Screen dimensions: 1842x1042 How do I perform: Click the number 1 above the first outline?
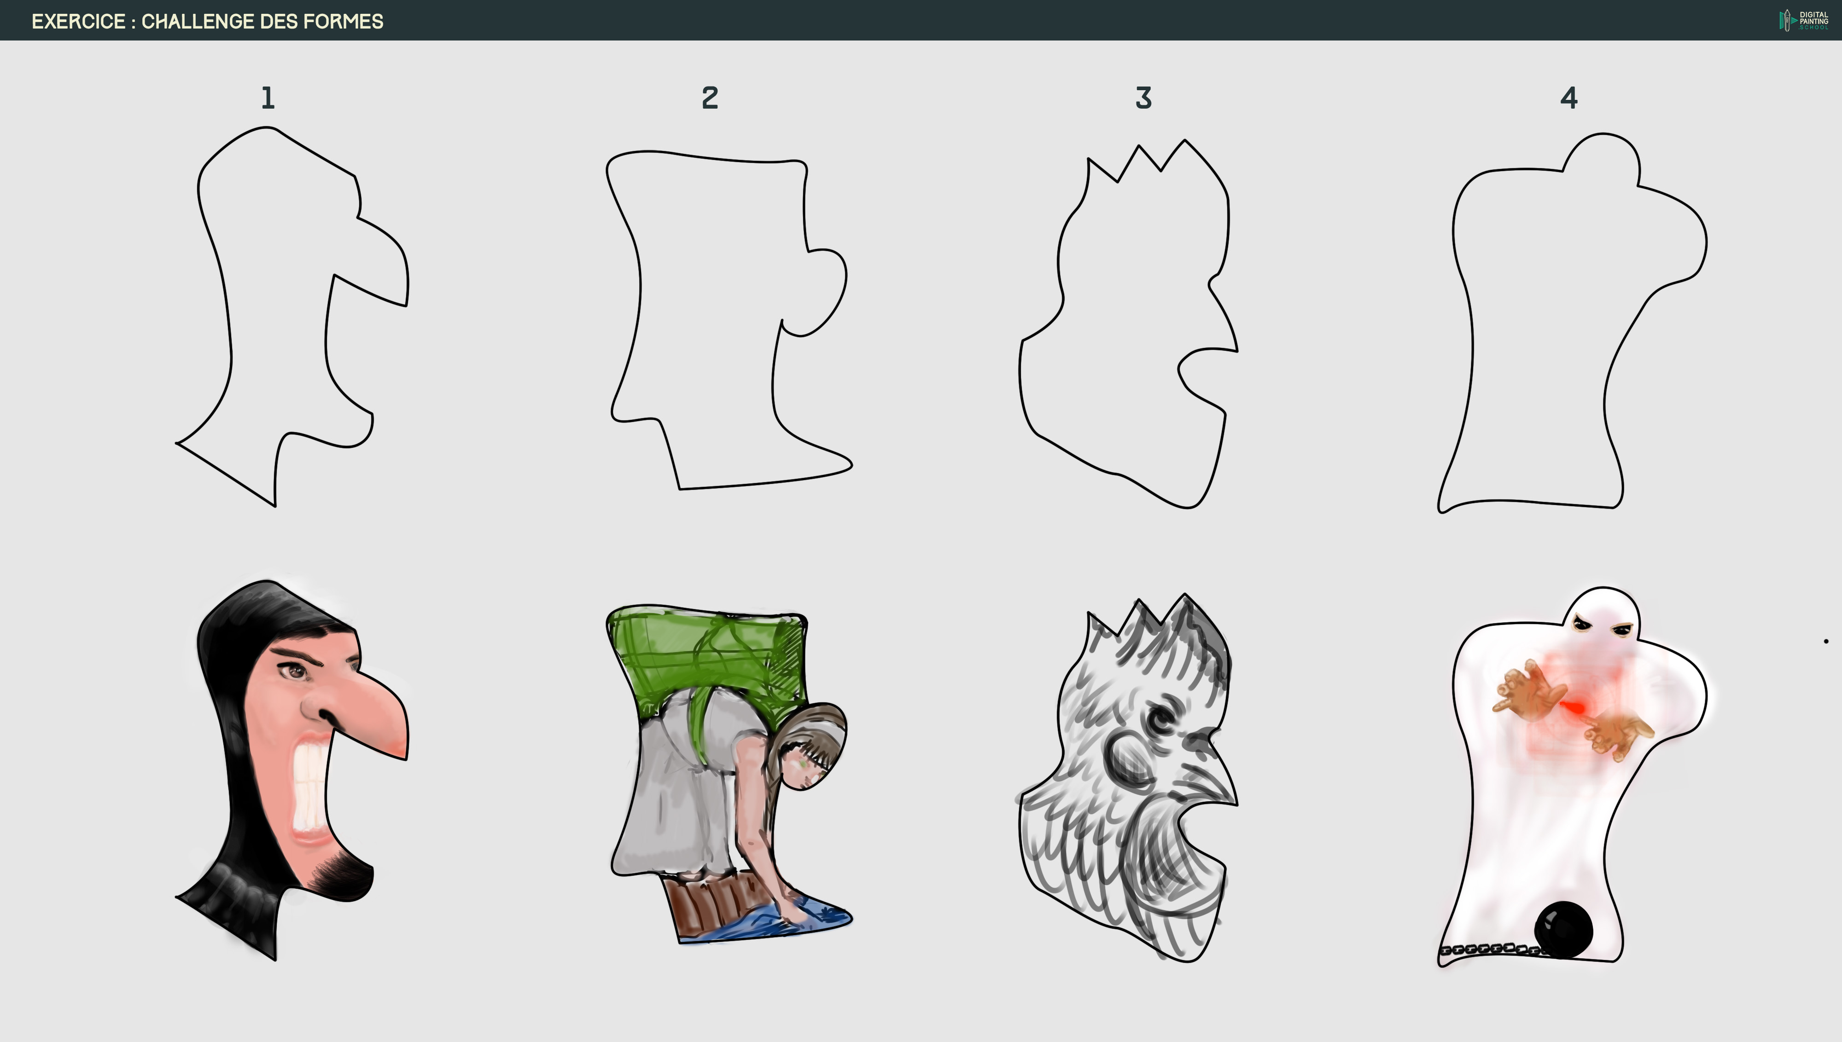pos(268,98)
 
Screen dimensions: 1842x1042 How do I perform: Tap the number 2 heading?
pos(710,98)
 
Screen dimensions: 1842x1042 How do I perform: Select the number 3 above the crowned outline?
pos(1143,98)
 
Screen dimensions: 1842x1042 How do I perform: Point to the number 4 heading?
pos(1568,98)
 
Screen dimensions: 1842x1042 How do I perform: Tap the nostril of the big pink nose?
pos(326,716)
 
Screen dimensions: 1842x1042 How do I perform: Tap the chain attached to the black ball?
pos(1489,949)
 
